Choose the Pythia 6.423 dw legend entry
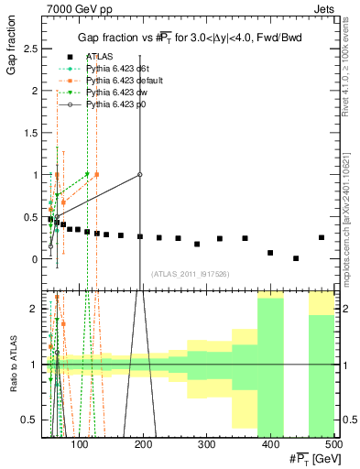click(115, 93)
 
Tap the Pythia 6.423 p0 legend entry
click(115, 104)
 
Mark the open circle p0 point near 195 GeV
click(140, 174)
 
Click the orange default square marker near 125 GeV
click(97, 174)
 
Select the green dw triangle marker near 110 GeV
click(87, 174)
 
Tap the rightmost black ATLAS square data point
click(322, 237)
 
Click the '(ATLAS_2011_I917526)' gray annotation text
click(190, 273)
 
